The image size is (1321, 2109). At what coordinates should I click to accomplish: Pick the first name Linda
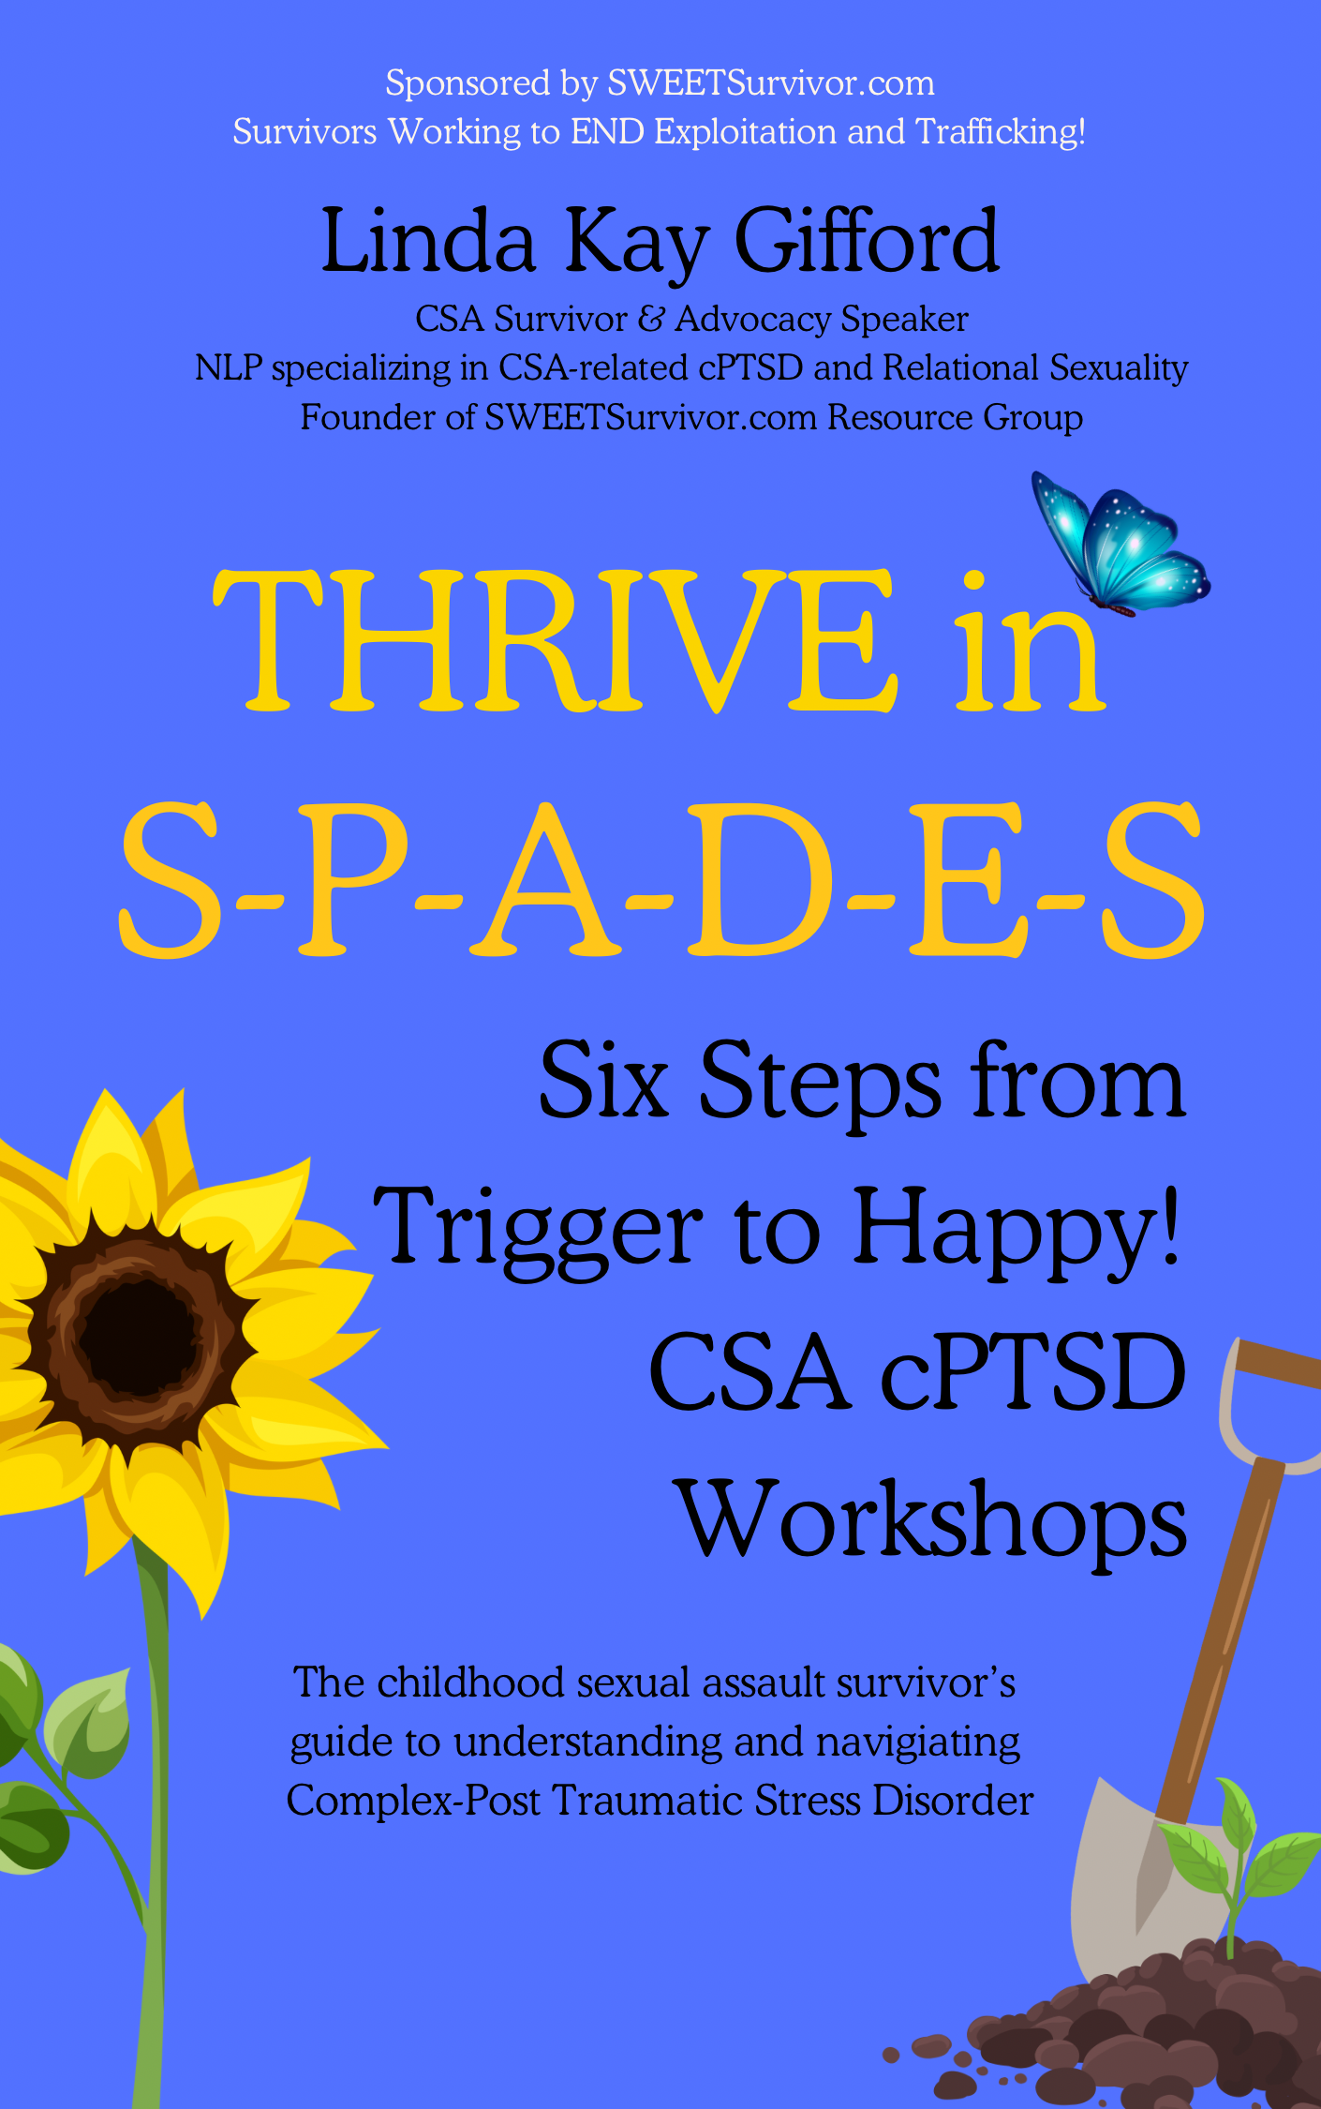(428, 242)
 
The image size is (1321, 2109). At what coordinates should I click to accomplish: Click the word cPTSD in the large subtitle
(1033, 1372)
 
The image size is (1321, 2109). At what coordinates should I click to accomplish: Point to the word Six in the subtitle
(604, 1082)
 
